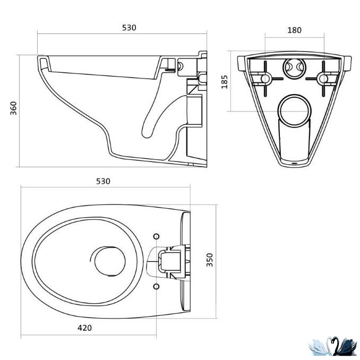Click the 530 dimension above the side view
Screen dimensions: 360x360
(x=122, y=28)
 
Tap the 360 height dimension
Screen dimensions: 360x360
(x=14, y=108)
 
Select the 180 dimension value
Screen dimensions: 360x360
(x=294, y=30)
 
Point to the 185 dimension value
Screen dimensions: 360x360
(x=224, y=82)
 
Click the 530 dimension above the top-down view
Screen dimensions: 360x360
(x=103, y=181)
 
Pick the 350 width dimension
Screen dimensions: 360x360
(x=210, y=260)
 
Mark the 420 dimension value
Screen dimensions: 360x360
(x=84, y=328)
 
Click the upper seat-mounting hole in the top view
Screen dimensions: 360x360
(x=156, y=236)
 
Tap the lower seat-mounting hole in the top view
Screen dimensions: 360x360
(x=156, y=285)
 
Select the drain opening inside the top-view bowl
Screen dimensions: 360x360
(x=109, y=261)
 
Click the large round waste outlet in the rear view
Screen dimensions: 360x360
(x=295, y=108)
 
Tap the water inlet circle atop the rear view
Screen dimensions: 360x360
(x=294, y=67)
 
